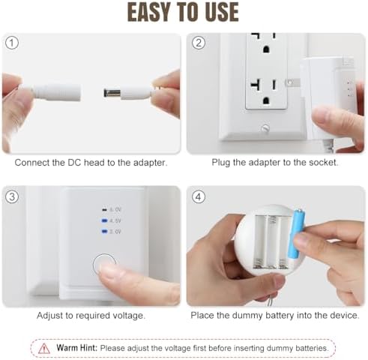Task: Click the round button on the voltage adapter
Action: click(x=104, y=265)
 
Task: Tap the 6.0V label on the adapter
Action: click(x=115, y=210)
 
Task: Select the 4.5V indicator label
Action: click(x=115, y=221)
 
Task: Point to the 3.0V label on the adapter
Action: click(x=115, y=232)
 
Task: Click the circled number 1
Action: click(x=10, y=43)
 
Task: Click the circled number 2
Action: click(x=199, y=43)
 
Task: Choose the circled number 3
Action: click(x=11, y=196)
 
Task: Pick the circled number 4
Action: click(x=199, y=196)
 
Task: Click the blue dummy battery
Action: click(x=296, y=235)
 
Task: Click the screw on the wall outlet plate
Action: click(x=265, y=129)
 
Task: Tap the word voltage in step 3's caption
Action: click(x=125, y=316)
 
